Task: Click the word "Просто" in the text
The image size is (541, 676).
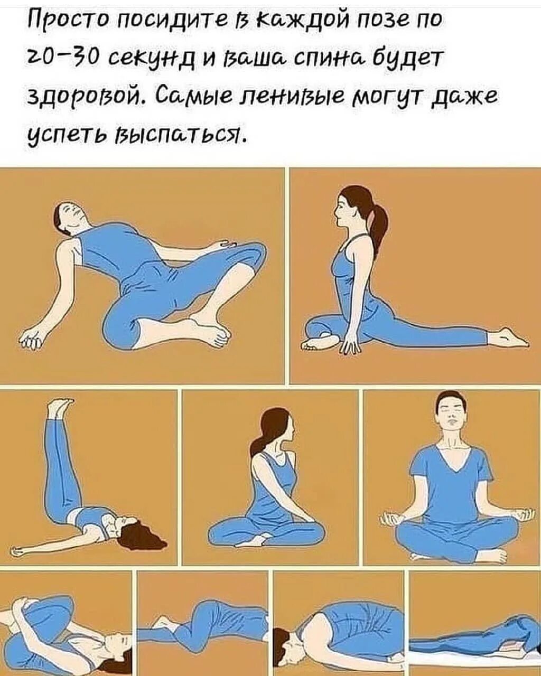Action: pyautogui.click(x=61, y=20)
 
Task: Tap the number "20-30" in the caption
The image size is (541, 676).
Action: pyautogui.click(x=61, y=54)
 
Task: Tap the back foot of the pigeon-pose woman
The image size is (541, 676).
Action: pyautogui.click(x=507, y=336)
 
